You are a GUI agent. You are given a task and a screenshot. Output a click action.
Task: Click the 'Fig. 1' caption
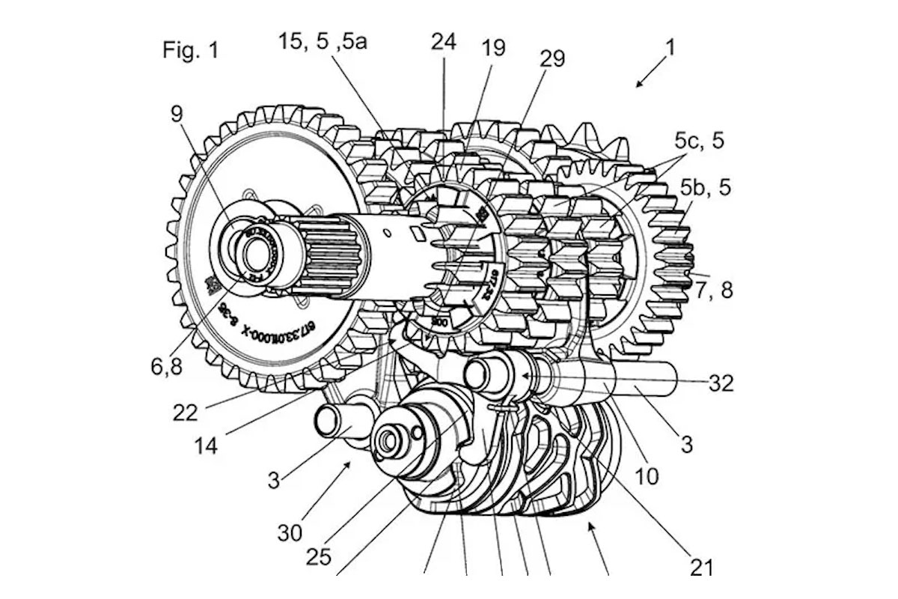click(191, 51)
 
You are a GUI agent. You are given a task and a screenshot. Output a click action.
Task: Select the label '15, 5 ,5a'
click(323, 42)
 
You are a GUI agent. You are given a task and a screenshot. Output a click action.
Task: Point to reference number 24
click(443, 42)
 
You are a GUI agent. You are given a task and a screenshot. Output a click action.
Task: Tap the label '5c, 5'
click(699, 141)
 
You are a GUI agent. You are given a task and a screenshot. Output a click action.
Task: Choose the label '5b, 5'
click(703, 187)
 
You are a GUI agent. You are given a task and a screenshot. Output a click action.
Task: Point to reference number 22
click(185, 412)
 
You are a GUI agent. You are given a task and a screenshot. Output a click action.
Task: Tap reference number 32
click(721, 383)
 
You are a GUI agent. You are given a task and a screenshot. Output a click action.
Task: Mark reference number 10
click(647, 476)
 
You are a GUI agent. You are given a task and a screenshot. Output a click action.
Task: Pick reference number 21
click(701, 567)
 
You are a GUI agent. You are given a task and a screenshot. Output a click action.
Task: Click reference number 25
click(320, 557)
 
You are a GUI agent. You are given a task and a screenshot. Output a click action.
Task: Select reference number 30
click(290, 532)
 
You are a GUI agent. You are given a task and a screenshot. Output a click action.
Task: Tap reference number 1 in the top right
click(671, 48)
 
